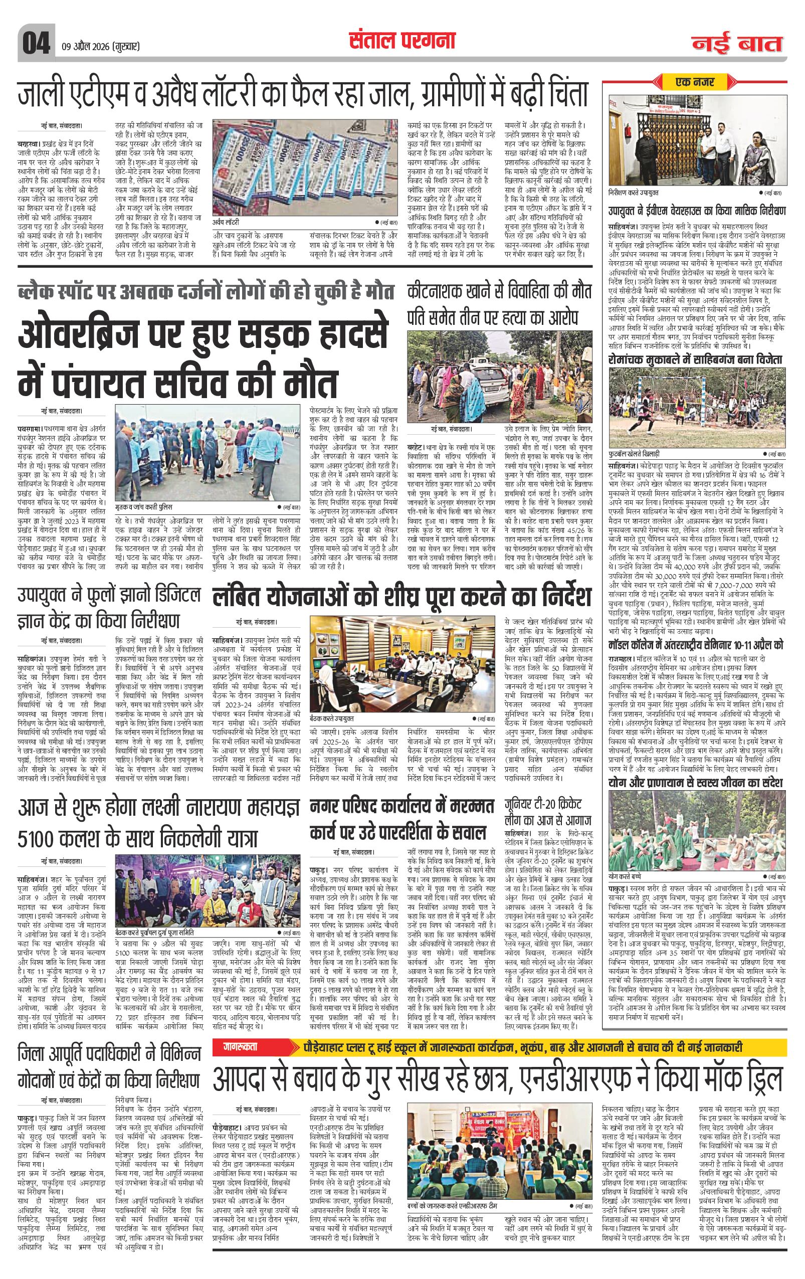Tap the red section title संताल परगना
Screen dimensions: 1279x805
tap(402, 40)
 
